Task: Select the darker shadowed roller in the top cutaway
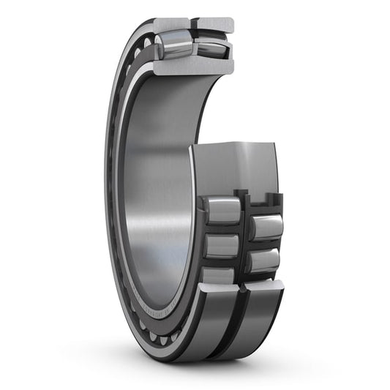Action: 212,48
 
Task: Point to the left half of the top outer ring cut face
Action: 172,24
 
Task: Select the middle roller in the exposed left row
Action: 221,245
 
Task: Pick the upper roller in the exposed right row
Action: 267,227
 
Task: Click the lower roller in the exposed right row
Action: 265,260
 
